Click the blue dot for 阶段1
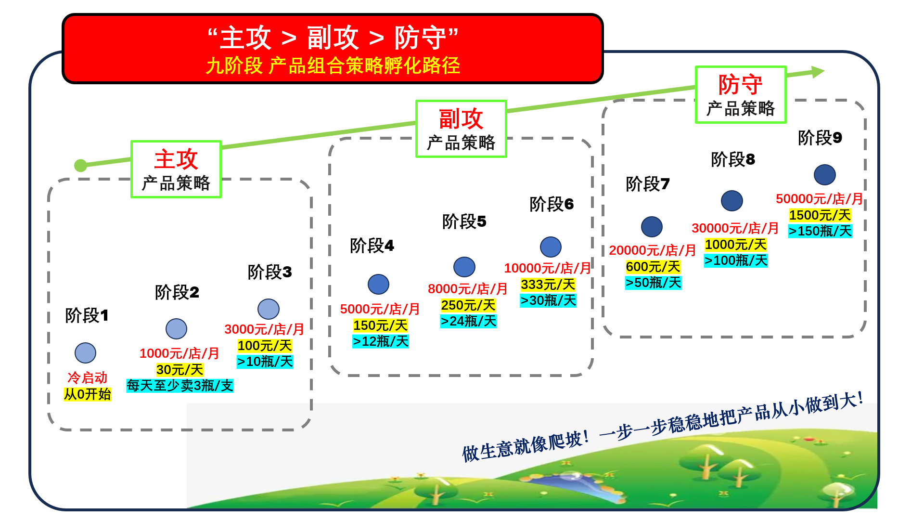pos(85,353)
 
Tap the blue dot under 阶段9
pos(824,175)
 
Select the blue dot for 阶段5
pos(464,267)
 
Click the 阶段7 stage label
pos(647,184)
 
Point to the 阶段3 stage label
pos(269,272)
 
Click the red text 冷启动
pos(87,377)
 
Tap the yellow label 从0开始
pos(88,394)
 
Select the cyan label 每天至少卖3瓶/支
pos(180,386)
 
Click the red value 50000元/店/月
pos(819,199)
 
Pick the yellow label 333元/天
pos(548,285)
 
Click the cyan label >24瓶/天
pos(468,321)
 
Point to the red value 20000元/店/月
pos(652,250)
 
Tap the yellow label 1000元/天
pos(735,245)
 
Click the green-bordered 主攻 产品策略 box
pos(176,169)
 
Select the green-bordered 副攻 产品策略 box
pos(461,129)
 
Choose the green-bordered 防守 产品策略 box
pos(740,95)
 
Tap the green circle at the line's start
pos(80,166)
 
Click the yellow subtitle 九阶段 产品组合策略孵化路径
pos(333,65)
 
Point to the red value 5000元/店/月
pos(380,309)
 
